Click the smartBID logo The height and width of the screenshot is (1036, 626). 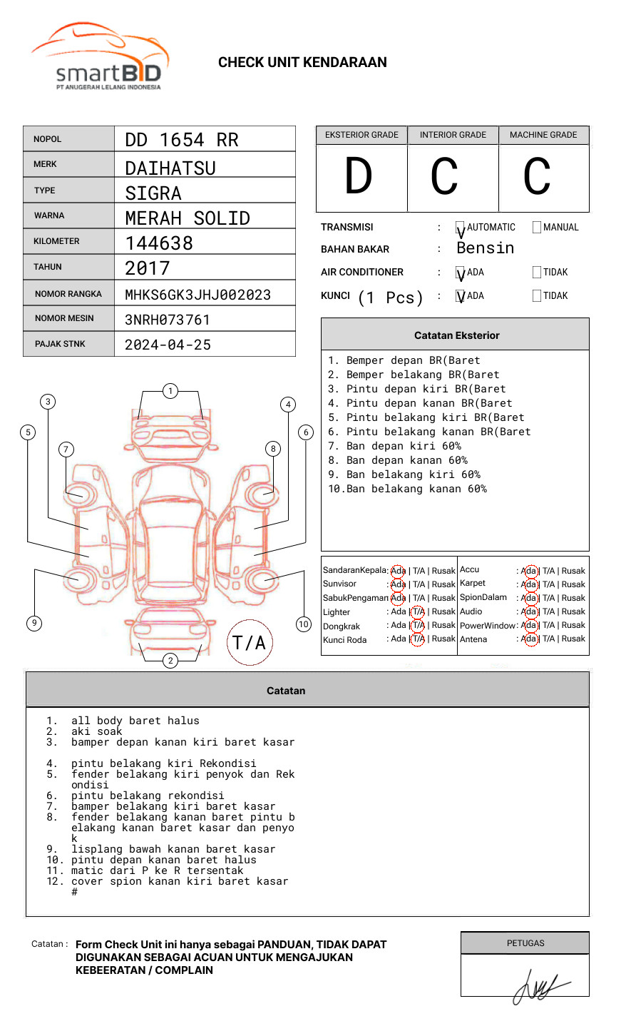[100, 57]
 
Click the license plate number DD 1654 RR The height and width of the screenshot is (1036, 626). [182, 140]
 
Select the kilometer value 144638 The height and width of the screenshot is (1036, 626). [159, 243]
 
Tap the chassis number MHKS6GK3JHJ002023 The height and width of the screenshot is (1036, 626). [197, 295]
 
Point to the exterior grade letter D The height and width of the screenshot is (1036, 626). [359, 176]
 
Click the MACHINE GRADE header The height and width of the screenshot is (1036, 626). [543, 135]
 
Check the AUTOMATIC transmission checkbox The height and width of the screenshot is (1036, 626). [461, 228]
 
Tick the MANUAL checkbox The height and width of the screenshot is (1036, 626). [537, 228]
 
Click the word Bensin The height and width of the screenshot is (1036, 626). [485, 248]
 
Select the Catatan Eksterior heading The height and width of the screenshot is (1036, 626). [456, 335]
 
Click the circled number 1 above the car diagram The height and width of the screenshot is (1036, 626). [170, 391]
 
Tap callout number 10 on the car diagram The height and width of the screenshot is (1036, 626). [304, 624]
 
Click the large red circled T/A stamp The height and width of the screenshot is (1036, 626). [250, 643]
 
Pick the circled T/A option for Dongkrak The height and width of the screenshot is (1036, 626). [418, 626]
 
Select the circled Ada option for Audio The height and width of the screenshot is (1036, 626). [529, 611]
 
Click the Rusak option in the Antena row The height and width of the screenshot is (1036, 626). [573, 639]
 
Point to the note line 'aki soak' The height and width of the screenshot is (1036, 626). [96, 731]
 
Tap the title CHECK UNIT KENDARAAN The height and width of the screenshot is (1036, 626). [302, 63]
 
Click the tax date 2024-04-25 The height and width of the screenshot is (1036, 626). [168, 345]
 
